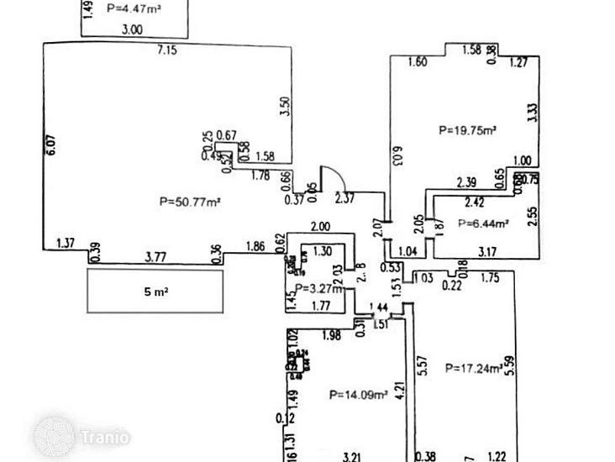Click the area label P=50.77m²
click(x=189, y=201)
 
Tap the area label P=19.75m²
click(x=468, y=130)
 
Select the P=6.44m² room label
click(x=485, y=223)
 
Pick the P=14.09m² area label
click(x=358, y=393)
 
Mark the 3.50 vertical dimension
click(x=285, y=106)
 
